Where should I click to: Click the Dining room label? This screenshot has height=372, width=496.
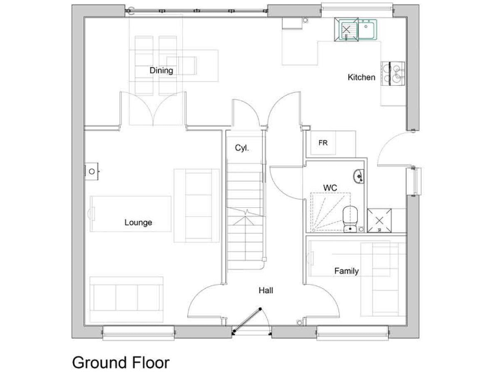tap(161, 70)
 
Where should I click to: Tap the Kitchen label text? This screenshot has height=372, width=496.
tap(361, 77)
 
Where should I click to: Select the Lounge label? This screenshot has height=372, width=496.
tap(138, 223)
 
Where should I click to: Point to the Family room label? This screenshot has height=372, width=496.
tap(346, 271)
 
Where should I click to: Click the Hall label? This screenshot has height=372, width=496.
tap(265, 291)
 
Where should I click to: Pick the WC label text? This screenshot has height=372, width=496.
tap(330, 188)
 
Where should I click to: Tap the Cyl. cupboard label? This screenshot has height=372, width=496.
tap(242, 148)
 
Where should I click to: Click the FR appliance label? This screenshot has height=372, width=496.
tap(323, 143)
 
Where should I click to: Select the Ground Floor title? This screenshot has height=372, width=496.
tap(121, 362)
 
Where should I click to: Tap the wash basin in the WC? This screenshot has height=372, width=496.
tap(358, 175)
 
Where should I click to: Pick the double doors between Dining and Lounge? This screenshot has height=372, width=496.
tap(153, 110)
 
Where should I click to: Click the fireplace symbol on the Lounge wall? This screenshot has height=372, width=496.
tap(92, 171)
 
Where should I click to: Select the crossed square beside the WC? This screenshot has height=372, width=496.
tap(378, 221)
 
